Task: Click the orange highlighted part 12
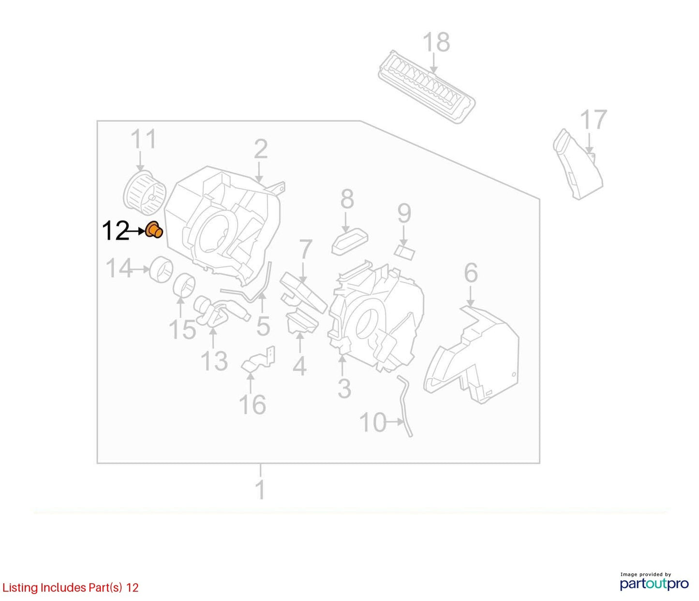pos(154,230)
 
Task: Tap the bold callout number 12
pos(116,231)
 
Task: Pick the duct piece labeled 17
pos(578,164)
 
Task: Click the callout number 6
pos(471,273)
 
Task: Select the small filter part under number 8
pos(349,241)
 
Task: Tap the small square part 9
pos(404,252)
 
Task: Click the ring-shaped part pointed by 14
pos(161,269)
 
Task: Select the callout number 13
pos(214,361)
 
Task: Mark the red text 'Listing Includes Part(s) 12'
pos(70,587)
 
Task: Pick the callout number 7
pos(305,250)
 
